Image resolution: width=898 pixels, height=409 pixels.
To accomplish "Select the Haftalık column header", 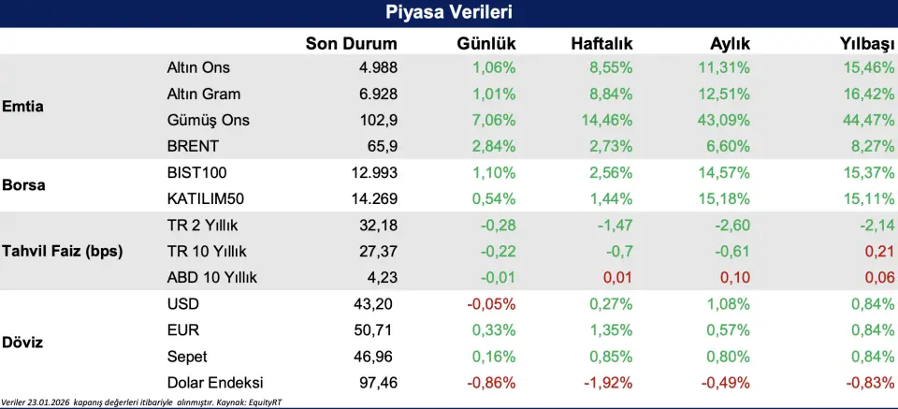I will coord(601,44).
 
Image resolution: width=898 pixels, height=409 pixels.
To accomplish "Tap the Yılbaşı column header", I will coord(865,44).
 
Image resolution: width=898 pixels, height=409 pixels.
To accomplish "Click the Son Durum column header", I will coord(351,44).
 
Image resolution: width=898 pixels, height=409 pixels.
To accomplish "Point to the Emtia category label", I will coord(23,106).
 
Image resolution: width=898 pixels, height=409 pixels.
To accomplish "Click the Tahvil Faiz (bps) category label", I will coord(63,251).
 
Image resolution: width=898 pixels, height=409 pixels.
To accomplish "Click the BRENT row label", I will coord(193,147).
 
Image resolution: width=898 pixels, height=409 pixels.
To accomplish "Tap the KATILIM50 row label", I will coord(206,198).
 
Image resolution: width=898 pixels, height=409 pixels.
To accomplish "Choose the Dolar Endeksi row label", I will coord(214,382).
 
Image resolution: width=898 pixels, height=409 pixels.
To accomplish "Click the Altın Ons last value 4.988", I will coord(378,68).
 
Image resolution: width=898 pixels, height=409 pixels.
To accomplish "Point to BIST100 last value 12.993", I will coord(373,173).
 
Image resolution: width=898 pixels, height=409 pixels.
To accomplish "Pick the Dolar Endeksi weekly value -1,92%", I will coord(605,382).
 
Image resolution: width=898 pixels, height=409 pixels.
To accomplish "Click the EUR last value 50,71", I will coord(378,329).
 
